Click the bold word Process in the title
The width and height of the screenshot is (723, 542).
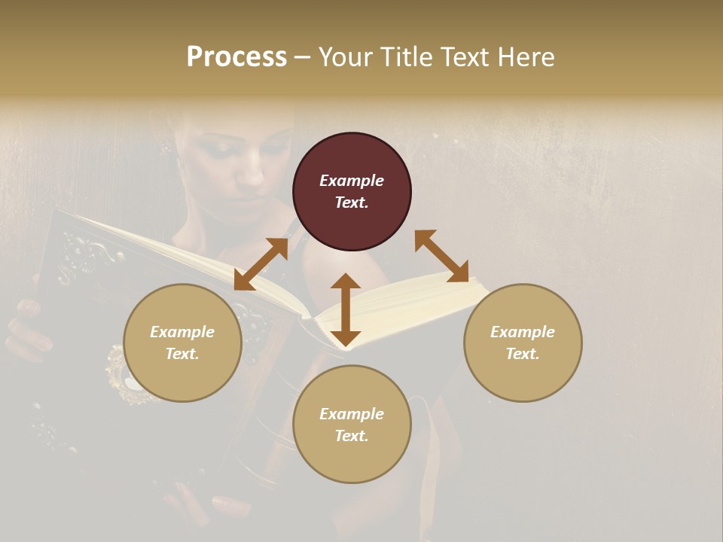(236, 57)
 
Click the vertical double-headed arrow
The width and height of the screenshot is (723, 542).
(346, 310)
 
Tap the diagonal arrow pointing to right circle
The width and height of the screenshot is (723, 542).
(441, 256)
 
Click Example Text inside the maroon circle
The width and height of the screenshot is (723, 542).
(352, 191)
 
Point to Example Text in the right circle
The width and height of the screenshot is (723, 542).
(523, 343)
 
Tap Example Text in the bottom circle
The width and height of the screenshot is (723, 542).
(352, 425)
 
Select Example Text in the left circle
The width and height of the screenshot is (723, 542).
(182, 343)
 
